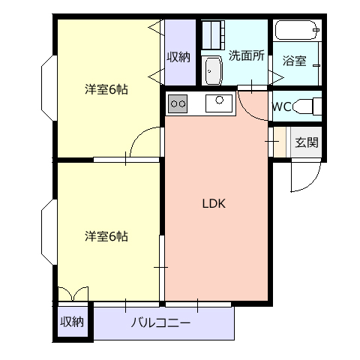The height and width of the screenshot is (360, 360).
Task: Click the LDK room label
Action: (214, 204)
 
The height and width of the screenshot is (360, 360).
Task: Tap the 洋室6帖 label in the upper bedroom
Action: (106, 89)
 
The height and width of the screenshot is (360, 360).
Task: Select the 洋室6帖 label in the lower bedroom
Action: (106, 236)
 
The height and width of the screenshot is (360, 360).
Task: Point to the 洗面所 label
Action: (247, 55)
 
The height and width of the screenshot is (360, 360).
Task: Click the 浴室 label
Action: (294, 61)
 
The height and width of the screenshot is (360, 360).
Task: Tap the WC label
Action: (281, 107)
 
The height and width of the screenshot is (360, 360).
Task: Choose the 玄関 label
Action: (307, 142)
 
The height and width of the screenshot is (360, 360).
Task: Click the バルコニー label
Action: (160, 322)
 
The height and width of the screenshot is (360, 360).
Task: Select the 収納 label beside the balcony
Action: (72, 322)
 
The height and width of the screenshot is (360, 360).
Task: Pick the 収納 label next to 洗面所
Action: (178, 57)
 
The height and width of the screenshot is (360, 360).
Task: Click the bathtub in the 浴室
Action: (297, 30)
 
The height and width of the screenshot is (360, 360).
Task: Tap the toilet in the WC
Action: (307, 106)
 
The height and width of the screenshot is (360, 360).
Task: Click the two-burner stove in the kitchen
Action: (178, 103)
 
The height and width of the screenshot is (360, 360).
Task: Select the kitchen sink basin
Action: (219, 103)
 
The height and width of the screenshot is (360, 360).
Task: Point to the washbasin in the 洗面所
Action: (213, 70)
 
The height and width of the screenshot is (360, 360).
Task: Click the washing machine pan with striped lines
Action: (213, 35)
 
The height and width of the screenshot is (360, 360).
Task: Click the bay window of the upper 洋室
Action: (49, 88)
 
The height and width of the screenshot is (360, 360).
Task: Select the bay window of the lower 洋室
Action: (49, 232)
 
